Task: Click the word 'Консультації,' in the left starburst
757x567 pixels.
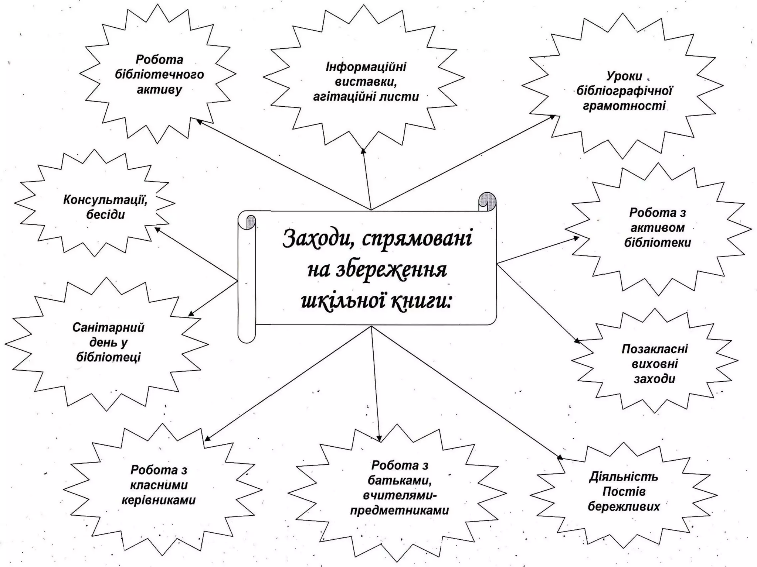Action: (105, 200)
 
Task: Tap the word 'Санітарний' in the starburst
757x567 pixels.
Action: (108, 327)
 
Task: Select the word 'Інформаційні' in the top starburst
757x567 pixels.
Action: (366, 67)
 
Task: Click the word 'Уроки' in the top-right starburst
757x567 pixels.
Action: (624, 76)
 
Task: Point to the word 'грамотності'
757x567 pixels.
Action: (624, 106)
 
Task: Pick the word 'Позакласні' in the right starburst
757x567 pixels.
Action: (655, 349)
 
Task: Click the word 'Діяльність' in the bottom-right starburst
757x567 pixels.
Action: (624, 477)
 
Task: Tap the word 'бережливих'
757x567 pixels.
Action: (624, 506)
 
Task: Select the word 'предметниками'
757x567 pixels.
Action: (399, 511)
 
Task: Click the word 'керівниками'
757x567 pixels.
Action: (159, 500)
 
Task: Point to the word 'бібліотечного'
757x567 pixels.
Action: (159, 75)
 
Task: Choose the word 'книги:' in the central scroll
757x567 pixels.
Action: (421, 302)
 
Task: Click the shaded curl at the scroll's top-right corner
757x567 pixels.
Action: (487, 202)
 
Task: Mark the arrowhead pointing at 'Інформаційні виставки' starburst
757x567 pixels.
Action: (363, 151)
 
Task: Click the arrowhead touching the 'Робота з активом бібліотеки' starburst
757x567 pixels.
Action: (576, 238)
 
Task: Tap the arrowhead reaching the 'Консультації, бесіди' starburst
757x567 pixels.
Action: (157, 230)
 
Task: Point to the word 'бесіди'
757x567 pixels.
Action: (105, 215)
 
